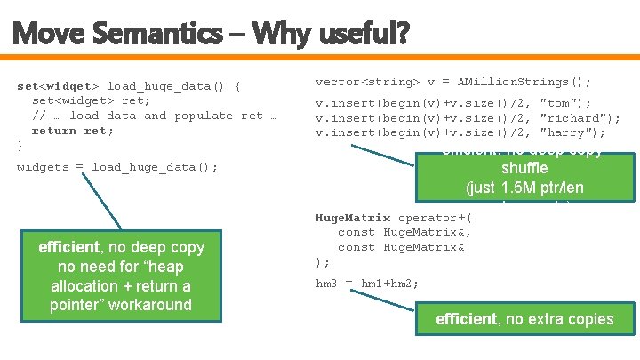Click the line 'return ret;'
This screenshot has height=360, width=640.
[x=73, y=130]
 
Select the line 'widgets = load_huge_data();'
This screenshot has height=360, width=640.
[x=117, y=167]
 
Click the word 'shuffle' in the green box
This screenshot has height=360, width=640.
[x=524, y=169]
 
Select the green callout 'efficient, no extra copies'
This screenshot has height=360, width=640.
[x=524, y=319]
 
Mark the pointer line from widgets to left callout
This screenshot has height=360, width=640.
[x=105, y=202]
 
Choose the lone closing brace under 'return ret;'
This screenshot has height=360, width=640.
[x=20, y=145]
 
